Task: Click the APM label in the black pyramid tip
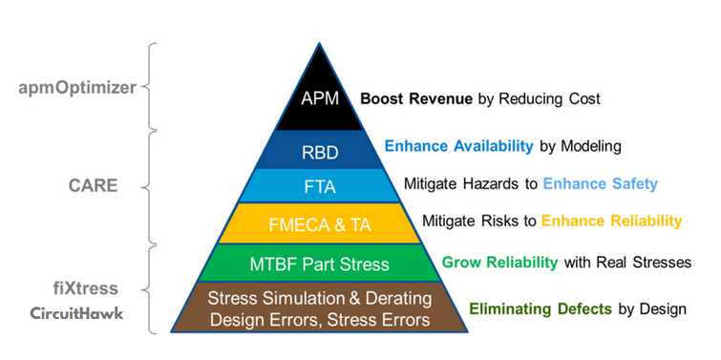(x=320, y=99)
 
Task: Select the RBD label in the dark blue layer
(x=320, y=153)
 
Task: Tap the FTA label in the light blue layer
(x=320, y=187)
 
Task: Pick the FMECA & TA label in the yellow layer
(x=320, y=225)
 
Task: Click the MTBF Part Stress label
(x=320, y=264)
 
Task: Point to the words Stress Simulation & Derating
(x=320, y=298)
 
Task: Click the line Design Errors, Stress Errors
(x=320, y=320)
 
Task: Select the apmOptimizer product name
(x=77, y=87)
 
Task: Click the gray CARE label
(x=94, y=186)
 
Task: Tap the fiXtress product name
(x=85, y=288)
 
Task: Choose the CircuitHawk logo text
(x=76, y=313)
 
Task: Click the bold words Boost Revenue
(x=416, y=99)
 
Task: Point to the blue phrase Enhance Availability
(x=459, y=146)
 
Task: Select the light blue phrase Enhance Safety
(x=600, y=184)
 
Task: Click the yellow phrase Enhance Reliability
(x=611, y=222)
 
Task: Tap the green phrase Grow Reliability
(x=499, y=263)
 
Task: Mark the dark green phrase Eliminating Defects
(x=541, y=309)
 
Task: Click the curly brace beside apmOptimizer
(x=149, y=87)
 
